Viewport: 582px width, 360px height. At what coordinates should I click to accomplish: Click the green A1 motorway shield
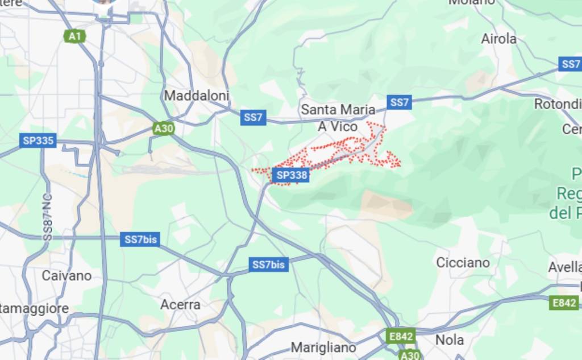coord(74,36)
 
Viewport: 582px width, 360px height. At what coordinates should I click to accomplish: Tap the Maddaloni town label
coord(196,96)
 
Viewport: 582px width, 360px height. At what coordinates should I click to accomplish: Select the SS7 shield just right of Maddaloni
coord(253,118)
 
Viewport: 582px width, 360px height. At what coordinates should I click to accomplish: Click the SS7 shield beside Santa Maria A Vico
coord(400,102)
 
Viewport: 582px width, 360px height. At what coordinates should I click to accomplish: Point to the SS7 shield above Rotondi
coord(570,64)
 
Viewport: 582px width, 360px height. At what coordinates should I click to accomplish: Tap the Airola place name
coord(498,39)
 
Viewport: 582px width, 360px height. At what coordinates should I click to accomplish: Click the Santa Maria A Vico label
coord(338,117)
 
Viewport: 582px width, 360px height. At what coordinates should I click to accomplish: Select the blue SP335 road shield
coord(38,140)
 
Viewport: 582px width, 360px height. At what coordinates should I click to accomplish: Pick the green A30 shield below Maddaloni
coord(164,129)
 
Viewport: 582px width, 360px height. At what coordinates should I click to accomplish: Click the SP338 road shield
coord(292,176)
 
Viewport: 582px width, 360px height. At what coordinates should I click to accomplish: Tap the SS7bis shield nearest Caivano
coord(140,239)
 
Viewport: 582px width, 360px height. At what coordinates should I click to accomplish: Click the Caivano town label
coord(66,275)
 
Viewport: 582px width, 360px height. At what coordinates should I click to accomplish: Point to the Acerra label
coord(180,305)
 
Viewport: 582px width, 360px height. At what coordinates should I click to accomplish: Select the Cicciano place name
coord(463,263)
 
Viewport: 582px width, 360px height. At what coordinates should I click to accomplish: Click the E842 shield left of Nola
coord(401,336)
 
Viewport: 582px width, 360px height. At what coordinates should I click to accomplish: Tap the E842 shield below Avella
coord(564,303)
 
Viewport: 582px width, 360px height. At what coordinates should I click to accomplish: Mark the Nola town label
coord(449,340)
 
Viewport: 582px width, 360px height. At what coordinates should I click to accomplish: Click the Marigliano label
coord(323,347)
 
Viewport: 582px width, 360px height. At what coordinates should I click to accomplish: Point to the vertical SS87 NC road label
coord(48,217)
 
